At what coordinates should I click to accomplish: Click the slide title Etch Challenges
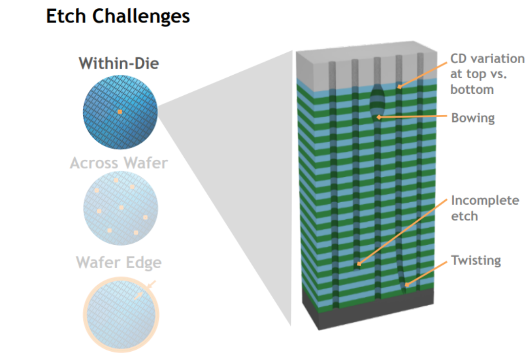[x=118, y=16]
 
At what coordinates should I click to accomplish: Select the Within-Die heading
[x=119, y=64]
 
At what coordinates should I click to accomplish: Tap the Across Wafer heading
[x=119, y=163]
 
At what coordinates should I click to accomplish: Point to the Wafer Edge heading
[x=119, y=262]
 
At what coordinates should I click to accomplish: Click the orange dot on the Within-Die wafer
[x=119, y=112]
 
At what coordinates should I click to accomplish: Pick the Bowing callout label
[x=472, y=118]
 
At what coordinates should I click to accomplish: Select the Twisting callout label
[x=476, y=260]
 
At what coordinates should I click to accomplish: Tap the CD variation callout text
[x=486, y=74]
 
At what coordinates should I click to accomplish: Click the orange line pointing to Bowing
[x=416, y=117]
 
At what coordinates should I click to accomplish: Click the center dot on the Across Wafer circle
[x=121, y=208]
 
